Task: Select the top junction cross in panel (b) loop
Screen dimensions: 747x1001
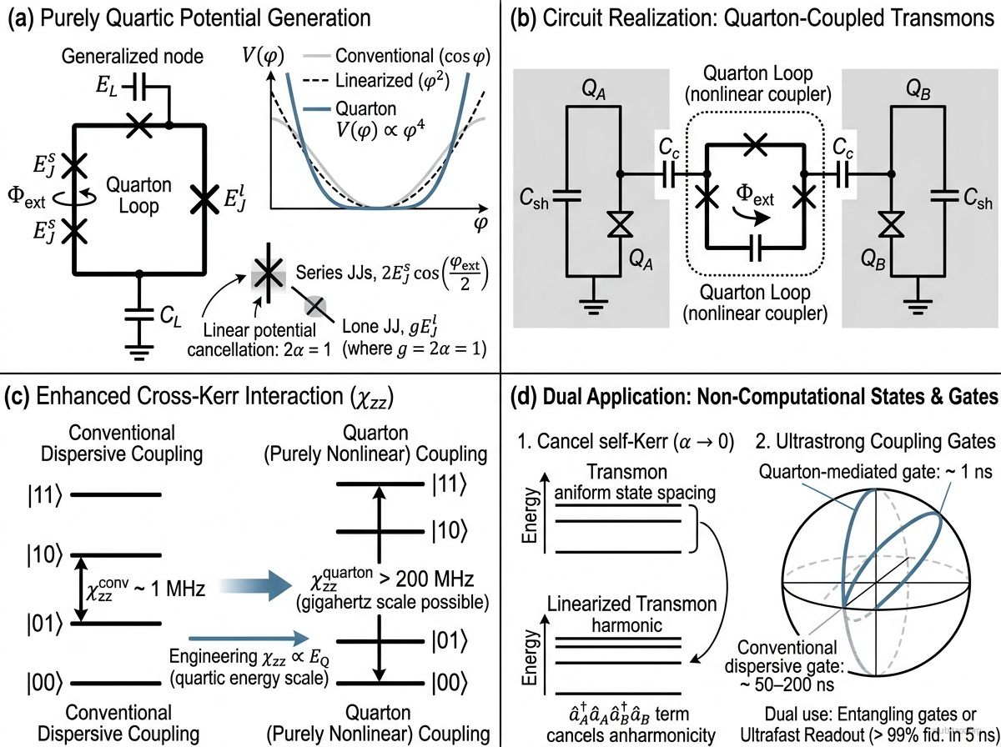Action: pos(753,143)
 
